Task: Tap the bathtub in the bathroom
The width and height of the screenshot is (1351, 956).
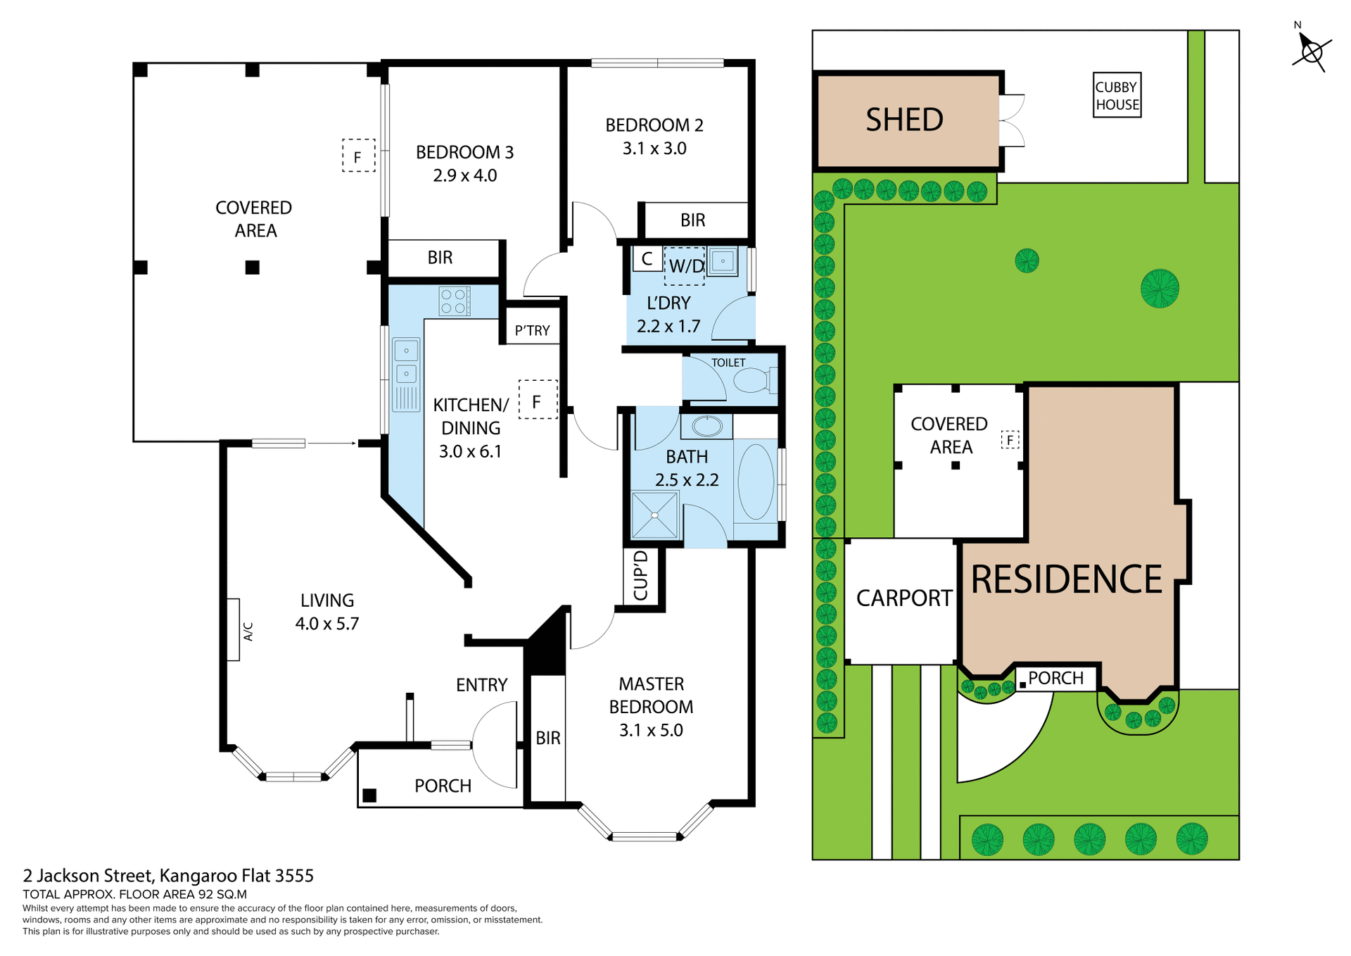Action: [756, 482]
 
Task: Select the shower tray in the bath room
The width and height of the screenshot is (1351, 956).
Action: [654, 515]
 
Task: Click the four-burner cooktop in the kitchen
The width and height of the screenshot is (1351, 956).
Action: [453, 301]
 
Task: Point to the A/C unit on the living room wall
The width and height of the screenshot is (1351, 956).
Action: [234, 629]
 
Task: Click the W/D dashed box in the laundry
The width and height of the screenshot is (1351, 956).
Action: [684, 266]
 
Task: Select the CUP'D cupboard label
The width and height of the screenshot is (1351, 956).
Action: [640, 575]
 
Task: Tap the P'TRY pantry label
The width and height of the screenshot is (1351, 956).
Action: [532, 331]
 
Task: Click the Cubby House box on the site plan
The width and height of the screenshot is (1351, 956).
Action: [1117, 96]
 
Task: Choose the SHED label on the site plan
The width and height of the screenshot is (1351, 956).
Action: [904, 120]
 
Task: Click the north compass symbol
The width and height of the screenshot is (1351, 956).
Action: [1311, 51]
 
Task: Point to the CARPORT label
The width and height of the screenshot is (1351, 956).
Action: [903, 598]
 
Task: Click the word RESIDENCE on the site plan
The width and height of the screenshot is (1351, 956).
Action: [1066, 579]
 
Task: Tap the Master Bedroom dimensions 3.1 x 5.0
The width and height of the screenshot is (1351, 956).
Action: [651, 730]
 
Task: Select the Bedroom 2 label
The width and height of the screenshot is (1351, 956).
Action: [654, 125]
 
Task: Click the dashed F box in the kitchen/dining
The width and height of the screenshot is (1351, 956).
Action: [538, 401]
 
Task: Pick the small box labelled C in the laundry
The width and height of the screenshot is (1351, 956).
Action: [647, 258]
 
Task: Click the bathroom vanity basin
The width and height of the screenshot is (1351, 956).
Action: [706, 426]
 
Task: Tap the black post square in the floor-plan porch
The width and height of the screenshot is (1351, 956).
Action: [369, 795]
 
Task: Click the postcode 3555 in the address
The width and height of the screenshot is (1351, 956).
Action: [294, 876]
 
